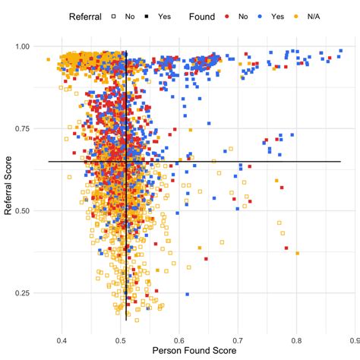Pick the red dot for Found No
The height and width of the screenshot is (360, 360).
pyautogui.click(x=228, y=16)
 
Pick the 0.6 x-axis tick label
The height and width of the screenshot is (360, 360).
pyautogui.click(x=179, y=339)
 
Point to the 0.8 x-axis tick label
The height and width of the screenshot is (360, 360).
pyautogui.click(x=297, y=339)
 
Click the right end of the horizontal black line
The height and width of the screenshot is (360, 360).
pyautogui.click(x=340, y=161)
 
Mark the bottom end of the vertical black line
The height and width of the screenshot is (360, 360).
pyautogui.click(x=126, y=320)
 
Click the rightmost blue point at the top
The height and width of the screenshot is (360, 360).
pyautogui.click(x=340, y=51)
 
